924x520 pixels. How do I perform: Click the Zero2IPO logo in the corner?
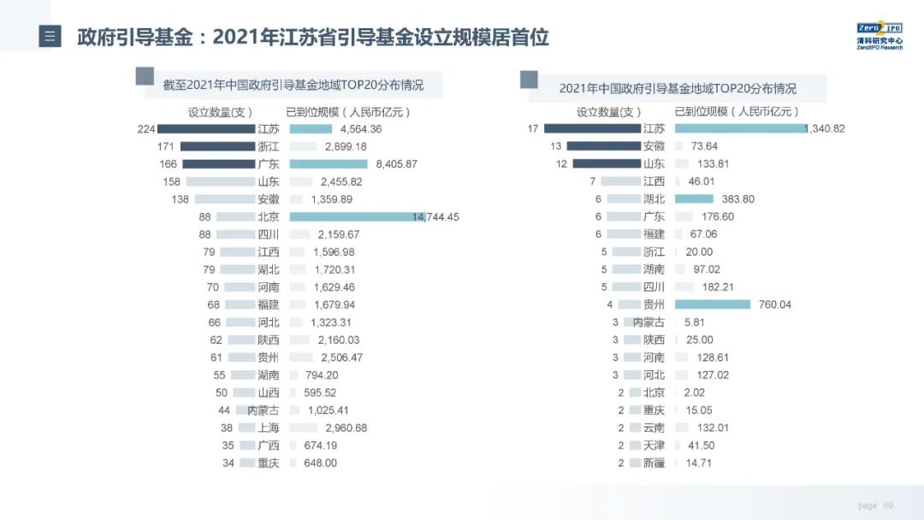point(879,36)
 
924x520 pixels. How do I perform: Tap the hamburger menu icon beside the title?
point(50,37)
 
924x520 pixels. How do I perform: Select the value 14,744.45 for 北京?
point(435,217)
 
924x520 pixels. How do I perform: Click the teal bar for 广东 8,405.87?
point(329,163)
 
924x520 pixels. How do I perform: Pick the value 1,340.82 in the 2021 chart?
point(825,129)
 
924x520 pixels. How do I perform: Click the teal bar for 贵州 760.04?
point(712,304)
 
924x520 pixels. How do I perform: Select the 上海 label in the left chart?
point(268,428)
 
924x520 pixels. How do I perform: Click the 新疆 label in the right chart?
point(653,463)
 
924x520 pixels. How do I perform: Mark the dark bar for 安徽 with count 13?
point(603,146)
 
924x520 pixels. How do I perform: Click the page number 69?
point(888,505)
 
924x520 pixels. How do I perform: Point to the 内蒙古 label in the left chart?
point(263,411)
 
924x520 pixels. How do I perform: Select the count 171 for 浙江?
point(167,146)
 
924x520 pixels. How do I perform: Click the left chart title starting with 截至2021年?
point(293,86)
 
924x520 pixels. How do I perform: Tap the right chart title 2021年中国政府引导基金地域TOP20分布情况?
point(677,88)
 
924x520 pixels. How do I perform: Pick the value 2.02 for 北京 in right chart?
point(694,393)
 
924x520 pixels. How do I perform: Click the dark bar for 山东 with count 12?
point(606,164)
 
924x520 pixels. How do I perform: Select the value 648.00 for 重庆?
point(320,463)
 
